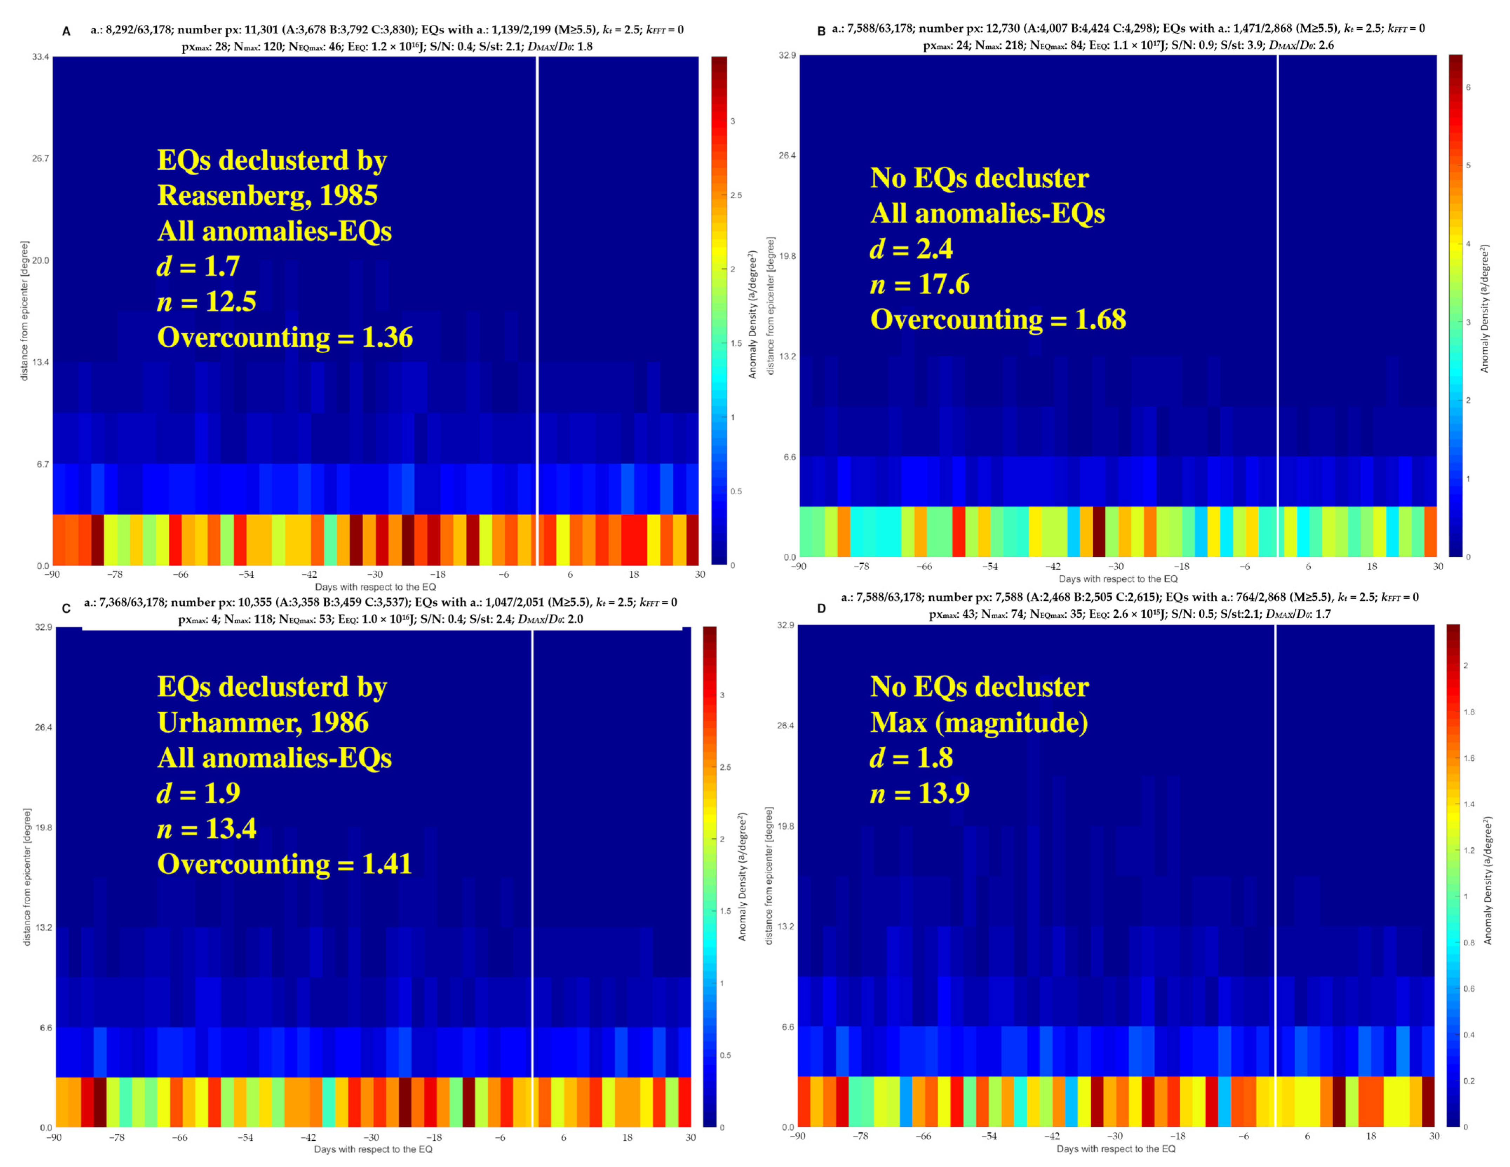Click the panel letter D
(821, 608)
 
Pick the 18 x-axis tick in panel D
(1371, 1136)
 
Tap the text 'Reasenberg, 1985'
(268, 196)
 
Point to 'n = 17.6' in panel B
(919, 284)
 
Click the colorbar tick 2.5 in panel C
(725, 767)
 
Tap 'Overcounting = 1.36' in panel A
(285, 337)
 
